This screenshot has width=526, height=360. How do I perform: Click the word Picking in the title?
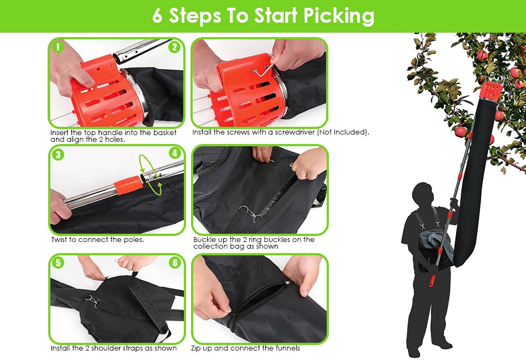pyautogui.click(x=339, y=16)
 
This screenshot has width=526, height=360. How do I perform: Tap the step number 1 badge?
pyautogui.click(x=58, y=47)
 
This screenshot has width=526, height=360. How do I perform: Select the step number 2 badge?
pyautogui.click(x=174, y=47)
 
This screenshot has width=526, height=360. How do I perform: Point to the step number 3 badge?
pyautogui.click(x=58, y=155)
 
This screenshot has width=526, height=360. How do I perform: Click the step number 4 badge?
pyautogui.click(x=175, y=153)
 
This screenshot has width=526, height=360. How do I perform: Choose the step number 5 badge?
pyautogui.click(x=58, y=263)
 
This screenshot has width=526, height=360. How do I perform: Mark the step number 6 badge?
pyautogui.click(x=175, y=263)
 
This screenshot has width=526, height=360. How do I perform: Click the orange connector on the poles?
pyautogui.click(x=127, y=186)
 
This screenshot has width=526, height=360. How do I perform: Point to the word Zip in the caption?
pyautogui.click(x=196, y=348)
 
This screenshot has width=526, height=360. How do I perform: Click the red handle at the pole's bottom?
pyautogui.click(x=432, y=281)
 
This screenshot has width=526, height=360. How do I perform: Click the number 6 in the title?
pyautogui.click(x=157, y=16)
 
